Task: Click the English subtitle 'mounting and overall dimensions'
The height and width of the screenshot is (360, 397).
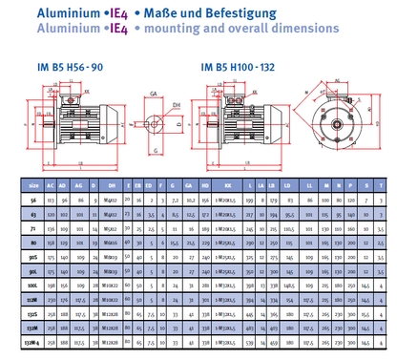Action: [x=199, y=31]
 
